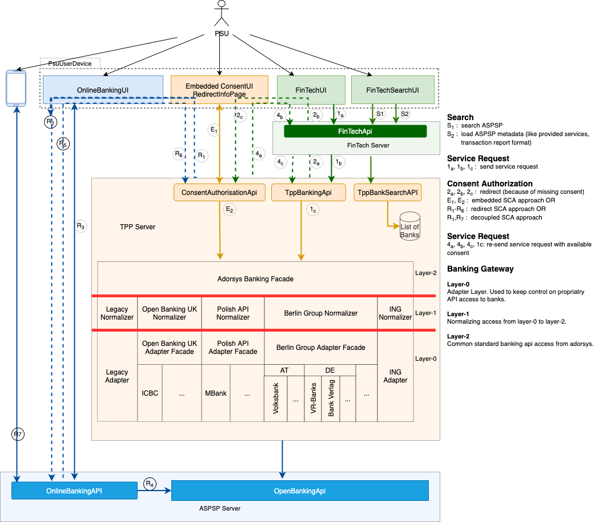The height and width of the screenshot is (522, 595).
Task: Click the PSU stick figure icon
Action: click(x=221, y=14)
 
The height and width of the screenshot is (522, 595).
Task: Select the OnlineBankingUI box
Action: click(x=103, y=90)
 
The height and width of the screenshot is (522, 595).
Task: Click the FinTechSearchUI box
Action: click(x=392, y=90)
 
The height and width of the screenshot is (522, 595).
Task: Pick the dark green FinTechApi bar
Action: click(x=355, y=132)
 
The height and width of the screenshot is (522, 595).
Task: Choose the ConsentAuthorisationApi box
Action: click(x=219, y=193)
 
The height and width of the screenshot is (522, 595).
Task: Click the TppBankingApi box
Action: click(x=308, y=193)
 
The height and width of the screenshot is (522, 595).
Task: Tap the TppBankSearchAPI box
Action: click(x=388, y=193)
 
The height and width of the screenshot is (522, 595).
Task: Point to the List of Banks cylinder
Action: click(x=409, y=226)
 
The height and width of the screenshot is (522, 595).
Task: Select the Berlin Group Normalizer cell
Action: click(x=320, y=313)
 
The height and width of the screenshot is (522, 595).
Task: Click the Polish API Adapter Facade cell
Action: click(x=233, y=348)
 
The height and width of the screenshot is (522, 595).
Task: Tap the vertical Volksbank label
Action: click(x=276, y=400)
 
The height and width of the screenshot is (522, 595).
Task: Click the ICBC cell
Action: click(x=150, y=394)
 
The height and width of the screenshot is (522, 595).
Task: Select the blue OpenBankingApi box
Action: click(x=299, y=491)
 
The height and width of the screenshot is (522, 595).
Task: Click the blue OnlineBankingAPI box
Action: click(x=74, y=491)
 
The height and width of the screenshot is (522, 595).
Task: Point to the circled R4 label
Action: click(x=150, y=484)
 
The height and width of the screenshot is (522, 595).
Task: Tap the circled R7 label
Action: click(x=18, y=435)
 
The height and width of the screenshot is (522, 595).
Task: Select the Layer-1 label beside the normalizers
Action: click(x=426, y=313)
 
